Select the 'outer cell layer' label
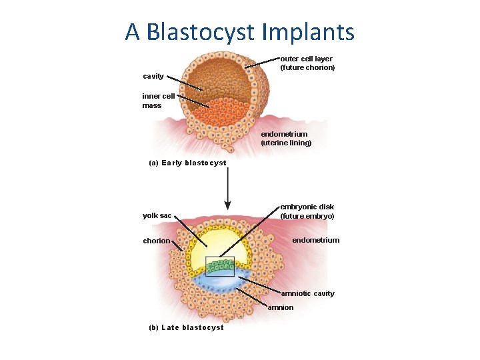coord(306,59)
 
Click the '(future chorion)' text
coord(307,67)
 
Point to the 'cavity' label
coord(153,77)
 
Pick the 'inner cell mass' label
coord(158,101)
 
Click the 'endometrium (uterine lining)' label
coord(286,139)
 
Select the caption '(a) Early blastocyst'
coord(187,163)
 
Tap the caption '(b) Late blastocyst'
coord(186,327)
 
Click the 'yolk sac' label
coord(157,215)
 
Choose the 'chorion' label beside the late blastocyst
coord(156,241)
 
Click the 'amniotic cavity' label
coord(307,293)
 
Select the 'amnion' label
coord(281,307)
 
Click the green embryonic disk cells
coord(219,267)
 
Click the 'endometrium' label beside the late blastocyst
coord(316,240)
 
